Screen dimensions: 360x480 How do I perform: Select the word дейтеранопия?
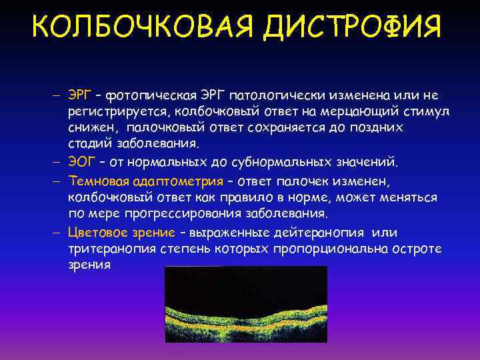point(317,232)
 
